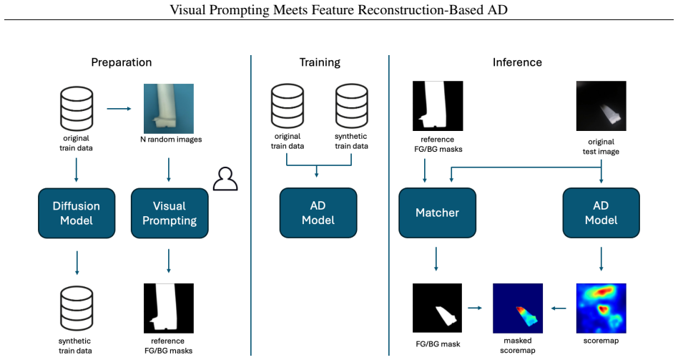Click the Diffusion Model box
pos(77,213)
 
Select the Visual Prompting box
pos(169,213)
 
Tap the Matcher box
pos(437,213)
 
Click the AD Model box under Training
pos(318,213)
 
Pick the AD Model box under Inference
pos(601,213)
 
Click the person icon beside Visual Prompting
pos(225,179)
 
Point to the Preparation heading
pos(122,62)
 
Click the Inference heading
pos(517,62)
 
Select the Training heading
pos(320,62)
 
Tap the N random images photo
pos(169,109)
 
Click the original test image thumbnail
pos(601,106)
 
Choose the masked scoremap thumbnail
pos(518,308)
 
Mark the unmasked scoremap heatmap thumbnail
pos(601,308)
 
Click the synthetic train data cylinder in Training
pos(352,107)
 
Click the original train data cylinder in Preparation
pos(77,109)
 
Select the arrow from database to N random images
pos(119,109)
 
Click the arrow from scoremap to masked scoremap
pos(559,308)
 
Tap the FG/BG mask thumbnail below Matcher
pos(437,308)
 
